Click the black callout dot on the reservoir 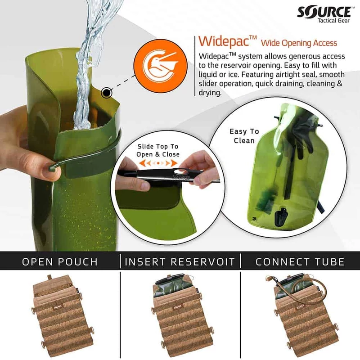[107, 93]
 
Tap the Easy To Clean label [244, 136]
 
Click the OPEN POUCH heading [60, 261]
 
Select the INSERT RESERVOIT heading [180, 261]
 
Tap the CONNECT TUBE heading [300, 261]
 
